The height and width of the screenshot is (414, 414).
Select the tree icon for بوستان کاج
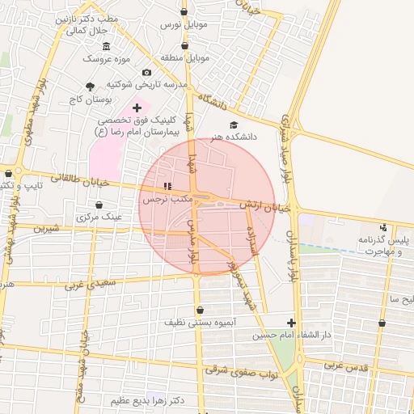[x=90, y=87]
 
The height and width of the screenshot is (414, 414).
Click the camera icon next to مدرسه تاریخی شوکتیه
[x=146, y=73]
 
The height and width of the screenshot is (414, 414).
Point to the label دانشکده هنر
[x=234, y=137]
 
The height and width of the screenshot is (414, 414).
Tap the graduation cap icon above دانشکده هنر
[x=234, y=125]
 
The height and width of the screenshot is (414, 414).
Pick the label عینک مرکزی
[x=99, y=218]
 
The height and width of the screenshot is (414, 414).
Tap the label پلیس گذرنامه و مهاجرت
[x=382, y=246]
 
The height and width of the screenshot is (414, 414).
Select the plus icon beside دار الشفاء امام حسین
[x=291, y=323]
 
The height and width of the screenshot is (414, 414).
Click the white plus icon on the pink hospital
[x=137, y=108]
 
